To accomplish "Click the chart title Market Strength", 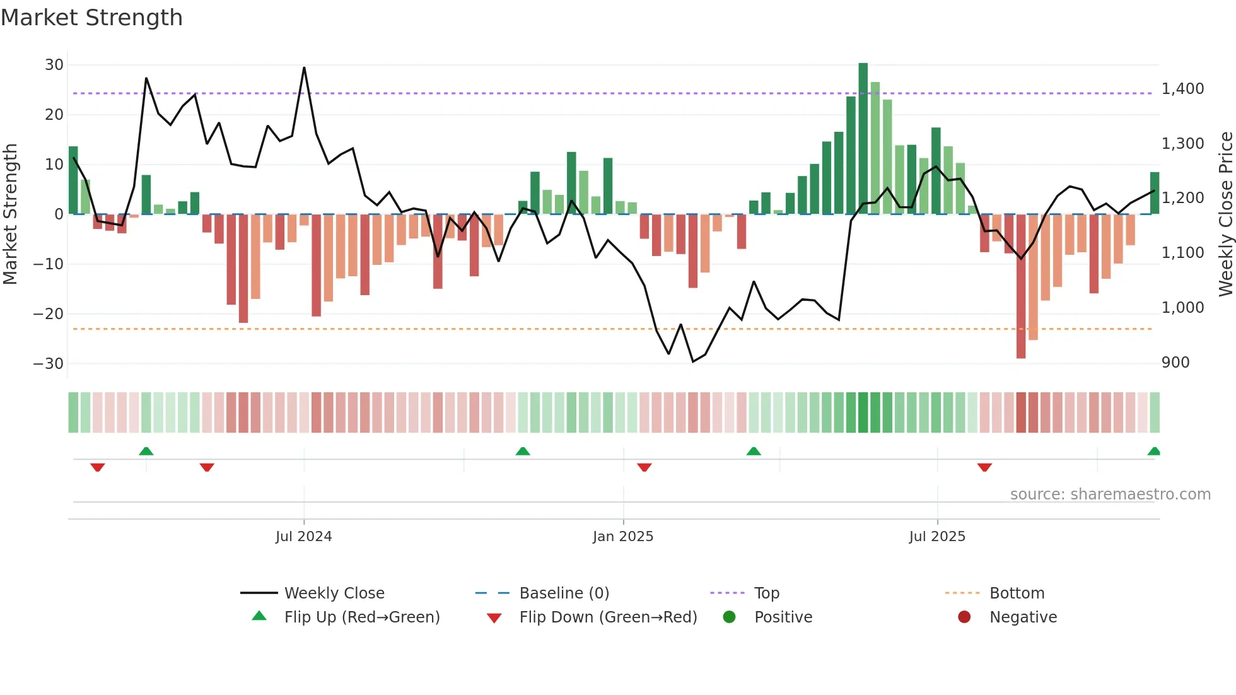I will (x=91, y=18).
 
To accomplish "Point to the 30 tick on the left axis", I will (x=54, y=65).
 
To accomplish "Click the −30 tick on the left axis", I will (x=49, y=364).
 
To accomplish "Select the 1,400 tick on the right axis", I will (x=1182, y=89).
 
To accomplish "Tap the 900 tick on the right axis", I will (x=1175, y=363).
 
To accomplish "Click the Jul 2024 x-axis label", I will (x=303, y=537).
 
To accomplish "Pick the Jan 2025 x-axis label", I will (x=623, y=537).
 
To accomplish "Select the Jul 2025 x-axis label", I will (x=937, y=537).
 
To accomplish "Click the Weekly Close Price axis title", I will (x=1225, y=214).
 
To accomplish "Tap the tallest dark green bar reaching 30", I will (x=863, y=139).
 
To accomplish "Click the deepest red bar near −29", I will (x=1020, y=287).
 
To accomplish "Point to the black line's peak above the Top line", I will (x=304, y=68).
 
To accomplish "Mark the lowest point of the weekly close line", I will (x=693, y=361).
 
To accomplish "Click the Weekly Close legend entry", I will (x=334, y=593).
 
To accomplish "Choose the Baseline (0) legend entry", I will (x=564, y=593).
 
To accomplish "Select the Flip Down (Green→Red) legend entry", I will (x=608, y=617).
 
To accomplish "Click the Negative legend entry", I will (x=1022, y=617).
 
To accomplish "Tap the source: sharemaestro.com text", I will (x=1110, y=494).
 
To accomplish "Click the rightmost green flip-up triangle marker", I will (x=1153, y=452).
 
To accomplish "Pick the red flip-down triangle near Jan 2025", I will (x=644, y=467).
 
